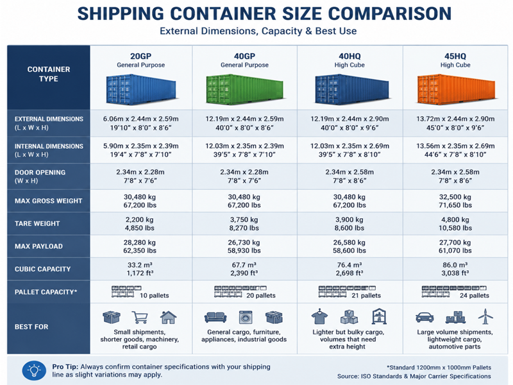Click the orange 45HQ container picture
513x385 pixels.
(x=456, y=89)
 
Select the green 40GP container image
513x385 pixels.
(x=245, y=89)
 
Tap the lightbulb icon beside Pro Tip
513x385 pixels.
(x=34, y=371)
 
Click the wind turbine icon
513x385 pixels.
(x=485, y=316)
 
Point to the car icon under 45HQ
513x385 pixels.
(x=425, y=317)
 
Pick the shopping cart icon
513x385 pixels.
(x=140, y=317)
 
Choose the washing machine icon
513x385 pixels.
(x=246, y=317)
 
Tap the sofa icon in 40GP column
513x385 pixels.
(x=215, y=317)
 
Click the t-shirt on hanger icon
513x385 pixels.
(x=319, y=316)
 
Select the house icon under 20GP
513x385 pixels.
(x=168, y=317)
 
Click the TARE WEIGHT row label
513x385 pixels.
(x=37, y=223)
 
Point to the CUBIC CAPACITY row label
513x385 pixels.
(x=42, y=269)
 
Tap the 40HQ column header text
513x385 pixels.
(x=349, y=56)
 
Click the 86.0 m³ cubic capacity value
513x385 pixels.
(x=455, y=265)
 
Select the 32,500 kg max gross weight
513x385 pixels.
(x=455, y=197)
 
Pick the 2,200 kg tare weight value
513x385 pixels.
(x=140, y=219)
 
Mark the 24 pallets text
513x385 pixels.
(x=475, y=296)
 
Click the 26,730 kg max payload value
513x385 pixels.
(x=244, y=243)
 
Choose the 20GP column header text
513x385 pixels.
(x=140, y=56)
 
